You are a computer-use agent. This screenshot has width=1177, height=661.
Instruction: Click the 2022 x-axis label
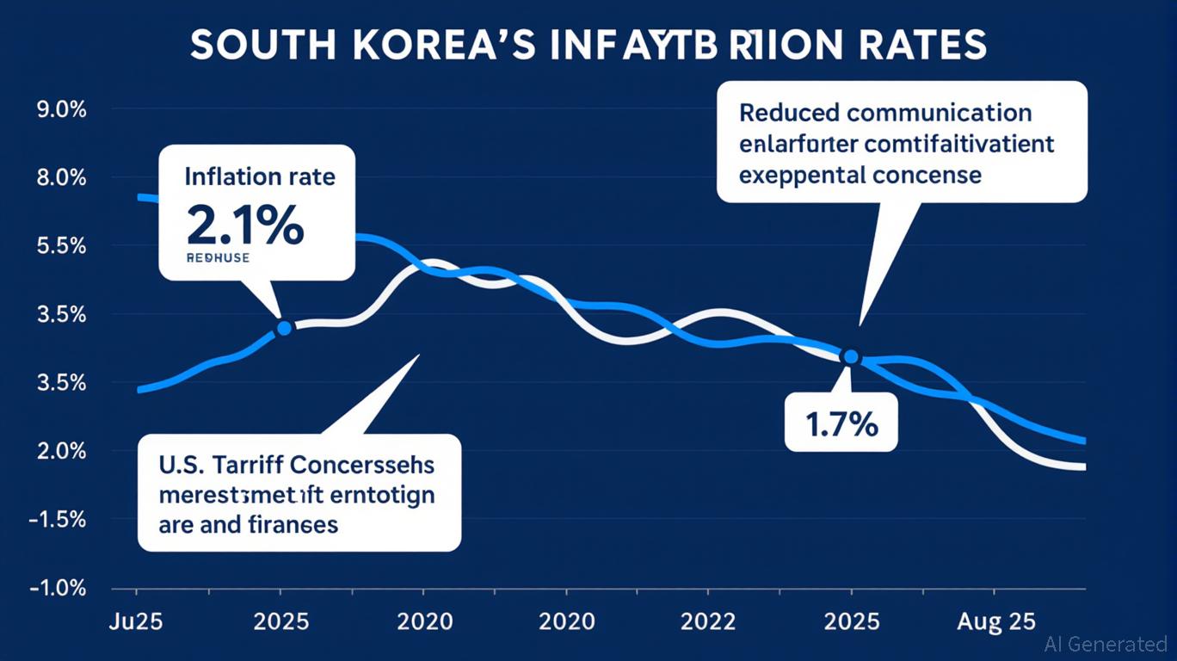(x=707, y=621)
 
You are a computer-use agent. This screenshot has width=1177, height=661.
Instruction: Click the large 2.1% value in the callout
(x=244, y=226)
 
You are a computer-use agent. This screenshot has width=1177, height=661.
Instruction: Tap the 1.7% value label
(x=841, y=424)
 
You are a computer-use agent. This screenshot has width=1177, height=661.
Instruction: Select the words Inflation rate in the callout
(x=260, y=178)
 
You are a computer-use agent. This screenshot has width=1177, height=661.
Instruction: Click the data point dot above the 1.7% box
(x=851, y=356)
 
